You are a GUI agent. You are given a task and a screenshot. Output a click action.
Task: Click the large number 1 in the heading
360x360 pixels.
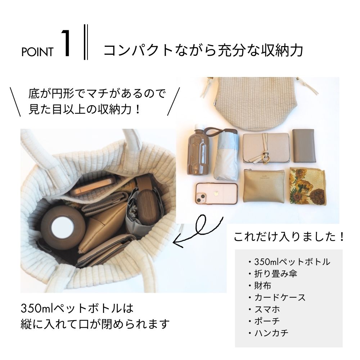[67, 44]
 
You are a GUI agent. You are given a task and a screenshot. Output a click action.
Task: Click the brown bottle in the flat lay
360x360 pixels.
[198, 151]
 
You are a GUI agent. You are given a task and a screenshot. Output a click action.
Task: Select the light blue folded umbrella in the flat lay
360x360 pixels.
[226, 158]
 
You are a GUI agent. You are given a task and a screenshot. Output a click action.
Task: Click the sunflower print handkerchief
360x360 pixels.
[307, 186]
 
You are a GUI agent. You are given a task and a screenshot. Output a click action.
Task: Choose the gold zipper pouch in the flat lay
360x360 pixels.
[264, 186]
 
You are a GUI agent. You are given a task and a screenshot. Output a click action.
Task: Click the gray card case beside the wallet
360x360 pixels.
[304, 145]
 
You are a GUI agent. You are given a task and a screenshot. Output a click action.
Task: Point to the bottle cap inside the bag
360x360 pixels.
[63, 226]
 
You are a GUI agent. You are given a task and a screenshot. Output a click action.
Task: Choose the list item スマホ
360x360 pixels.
[267, 309]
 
